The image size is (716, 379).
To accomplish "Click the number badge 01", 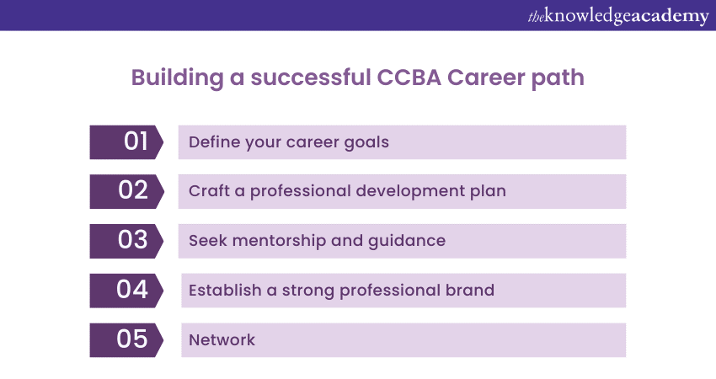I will [x=126, y=142].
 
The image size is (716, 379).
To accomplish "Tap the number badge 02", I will [x=126, y=191].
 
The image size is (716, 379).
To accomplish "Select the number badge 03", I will [x=126, y=241].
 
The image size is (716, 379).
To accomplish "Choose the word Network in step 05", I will [x=222, y=340].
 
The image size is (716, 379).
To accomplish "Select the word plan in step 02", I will [x=487, y=191].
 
